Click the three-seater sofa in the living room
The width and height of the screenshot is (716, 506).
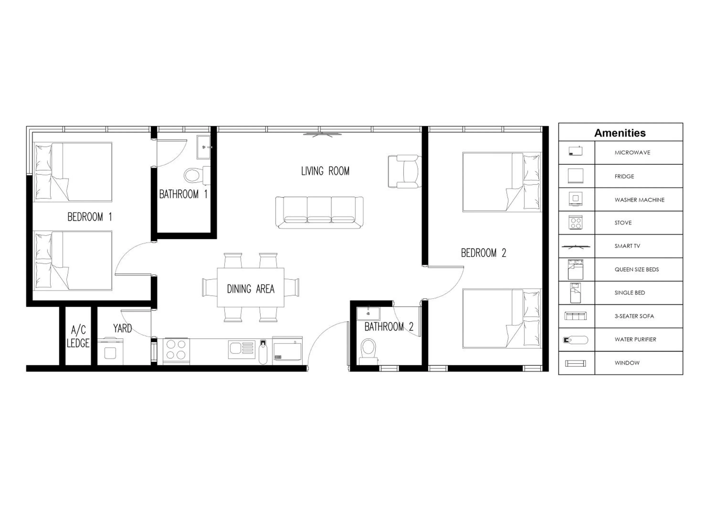(319, 212)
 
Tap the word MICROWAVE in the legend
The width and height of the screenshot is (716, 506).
(632, 153)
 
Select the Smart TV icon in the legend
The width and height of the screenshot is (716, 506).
(576, 246)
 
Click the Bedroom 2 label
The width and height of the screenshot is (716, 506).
(483, 253)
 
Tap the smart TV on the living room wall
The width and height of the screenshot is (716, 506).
(322, 135)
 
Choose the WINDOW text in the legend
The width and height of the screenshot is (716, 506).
(627, 363)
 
